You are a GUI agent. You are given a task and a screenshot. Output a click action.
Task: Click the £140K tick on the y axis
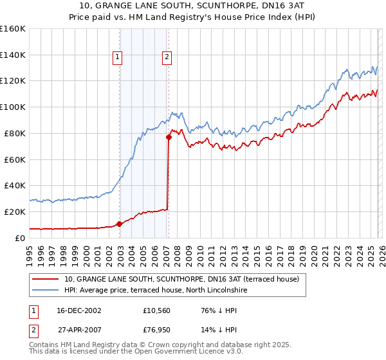13,55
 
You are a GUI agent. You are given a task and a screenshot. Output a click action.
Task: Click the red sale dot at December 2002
120,224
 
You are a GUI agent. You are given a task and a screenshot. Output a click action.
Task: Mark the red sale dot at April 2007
169,137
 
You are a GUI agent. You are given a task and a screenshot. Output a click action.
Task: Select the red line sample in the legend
46,279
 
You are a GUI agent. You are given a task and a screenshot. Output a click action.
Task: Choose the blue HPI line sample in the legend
46,291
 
